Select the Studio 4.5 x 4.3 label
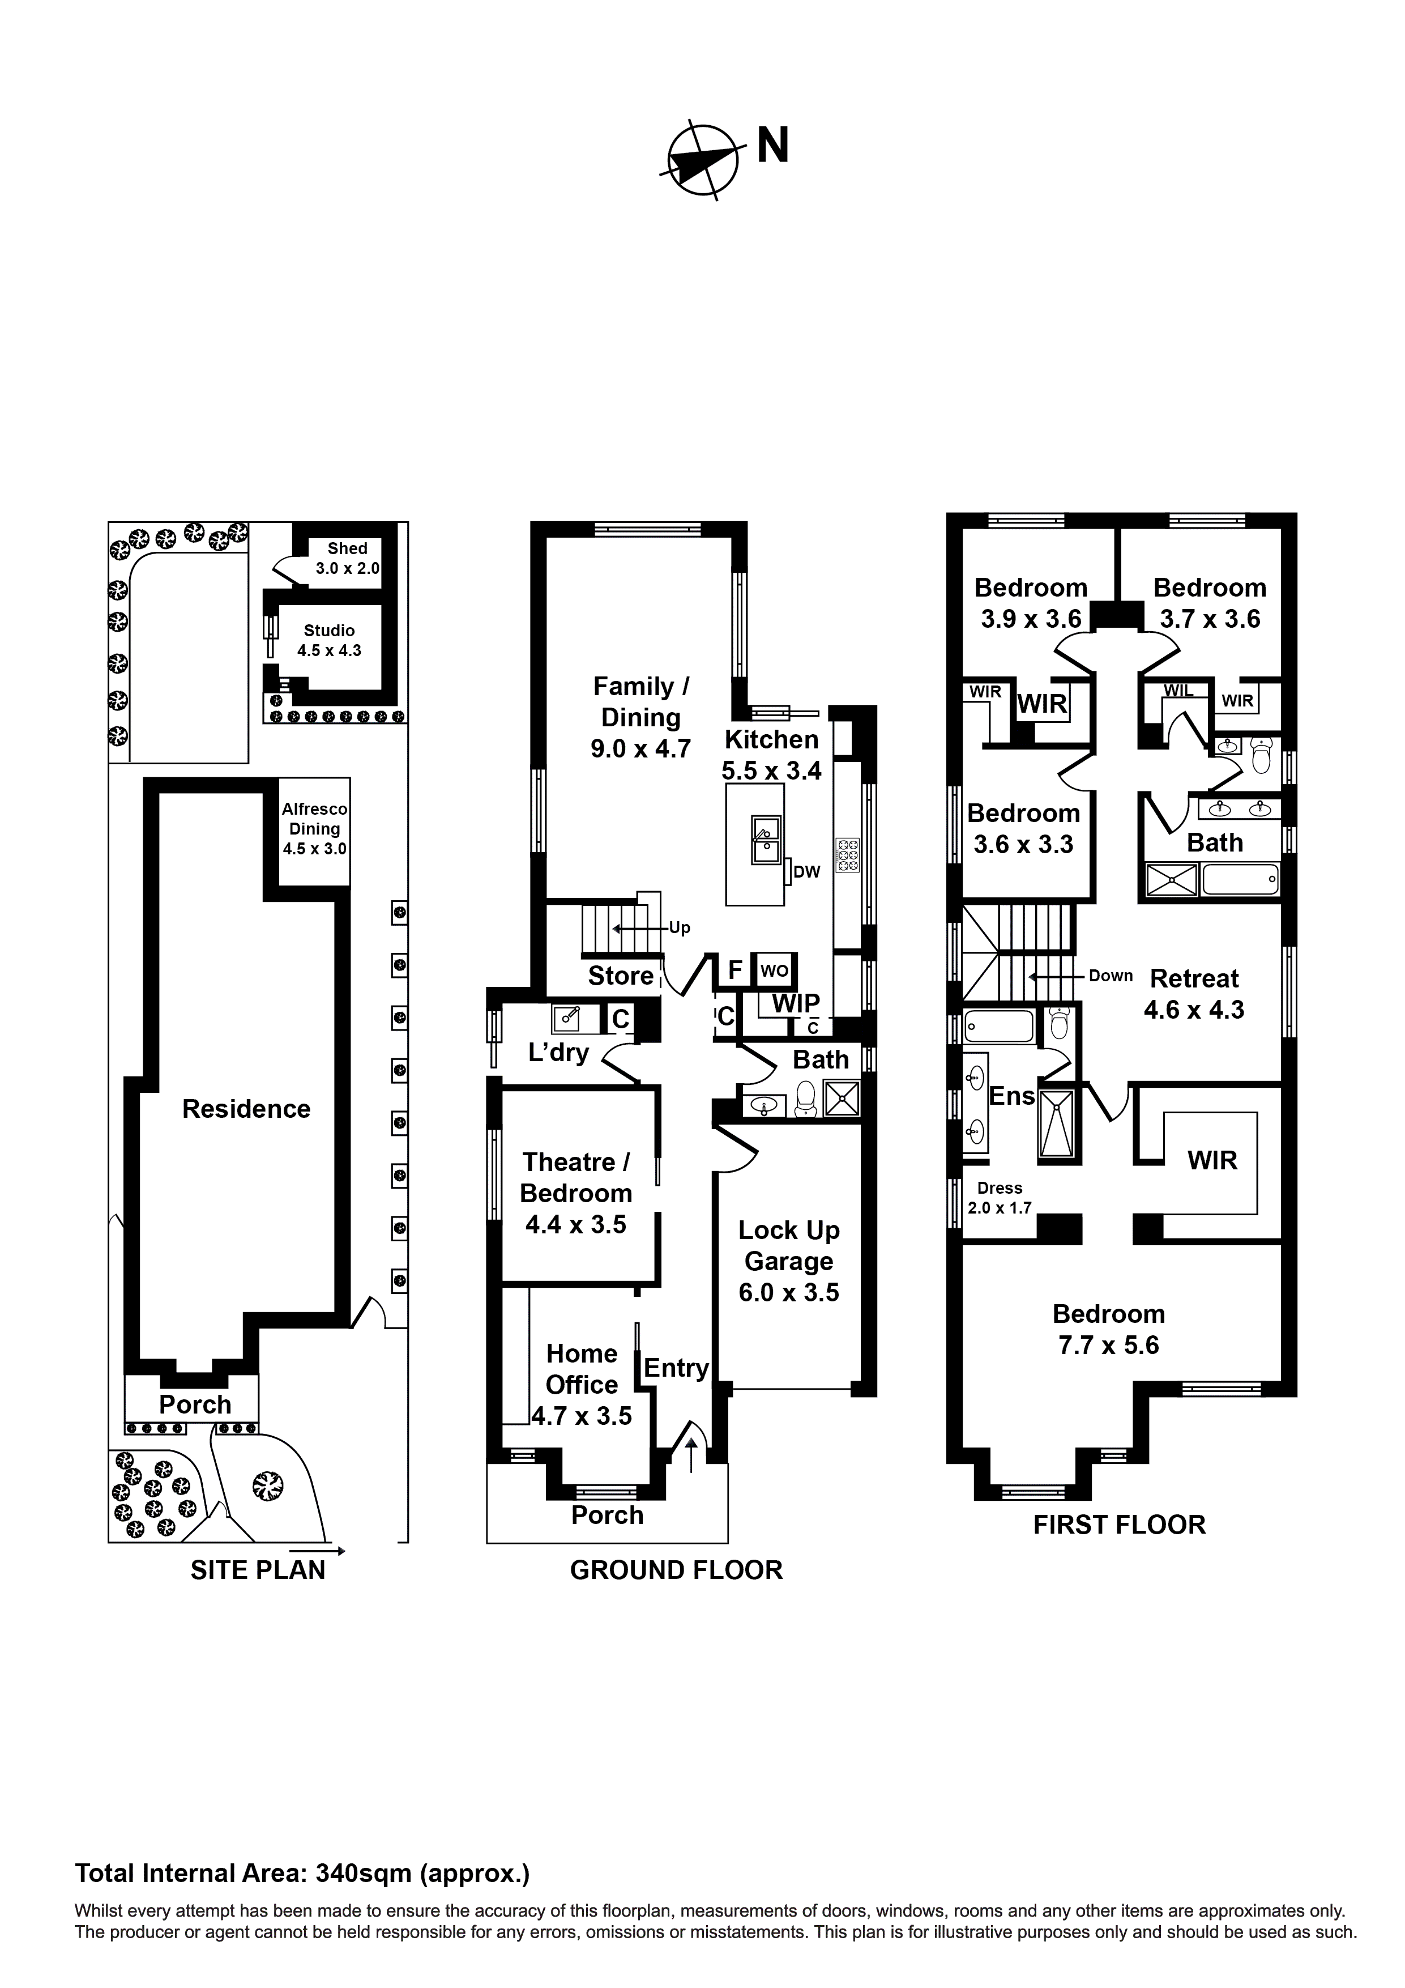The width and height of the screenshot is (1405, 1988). (329, 640)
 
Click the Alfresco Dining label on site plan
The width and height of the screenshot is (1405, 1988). (314, 829)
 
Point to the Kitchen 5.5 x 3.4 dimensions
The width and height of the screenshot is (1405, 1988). (771, 770)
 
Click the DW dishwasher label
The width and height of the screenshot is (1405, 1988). (806, 872)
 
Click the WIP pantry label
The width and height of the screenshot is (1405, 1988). (796, 1003)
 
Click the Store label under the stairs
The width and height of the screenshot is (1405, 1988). (621, 976)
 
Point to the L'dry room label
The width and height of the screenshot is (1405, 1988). (558, 1052)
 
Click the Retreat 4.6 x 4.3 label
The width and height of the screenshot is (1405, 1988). (1194, 994)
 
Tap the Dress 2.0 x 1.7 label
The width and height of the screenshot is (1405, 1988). (1000, 1198)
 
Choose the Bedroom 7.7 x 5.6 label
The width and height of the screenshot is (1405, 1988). (1108, 1329)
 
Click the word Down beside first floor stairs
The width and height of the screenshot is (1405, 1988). (1111, 976)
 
